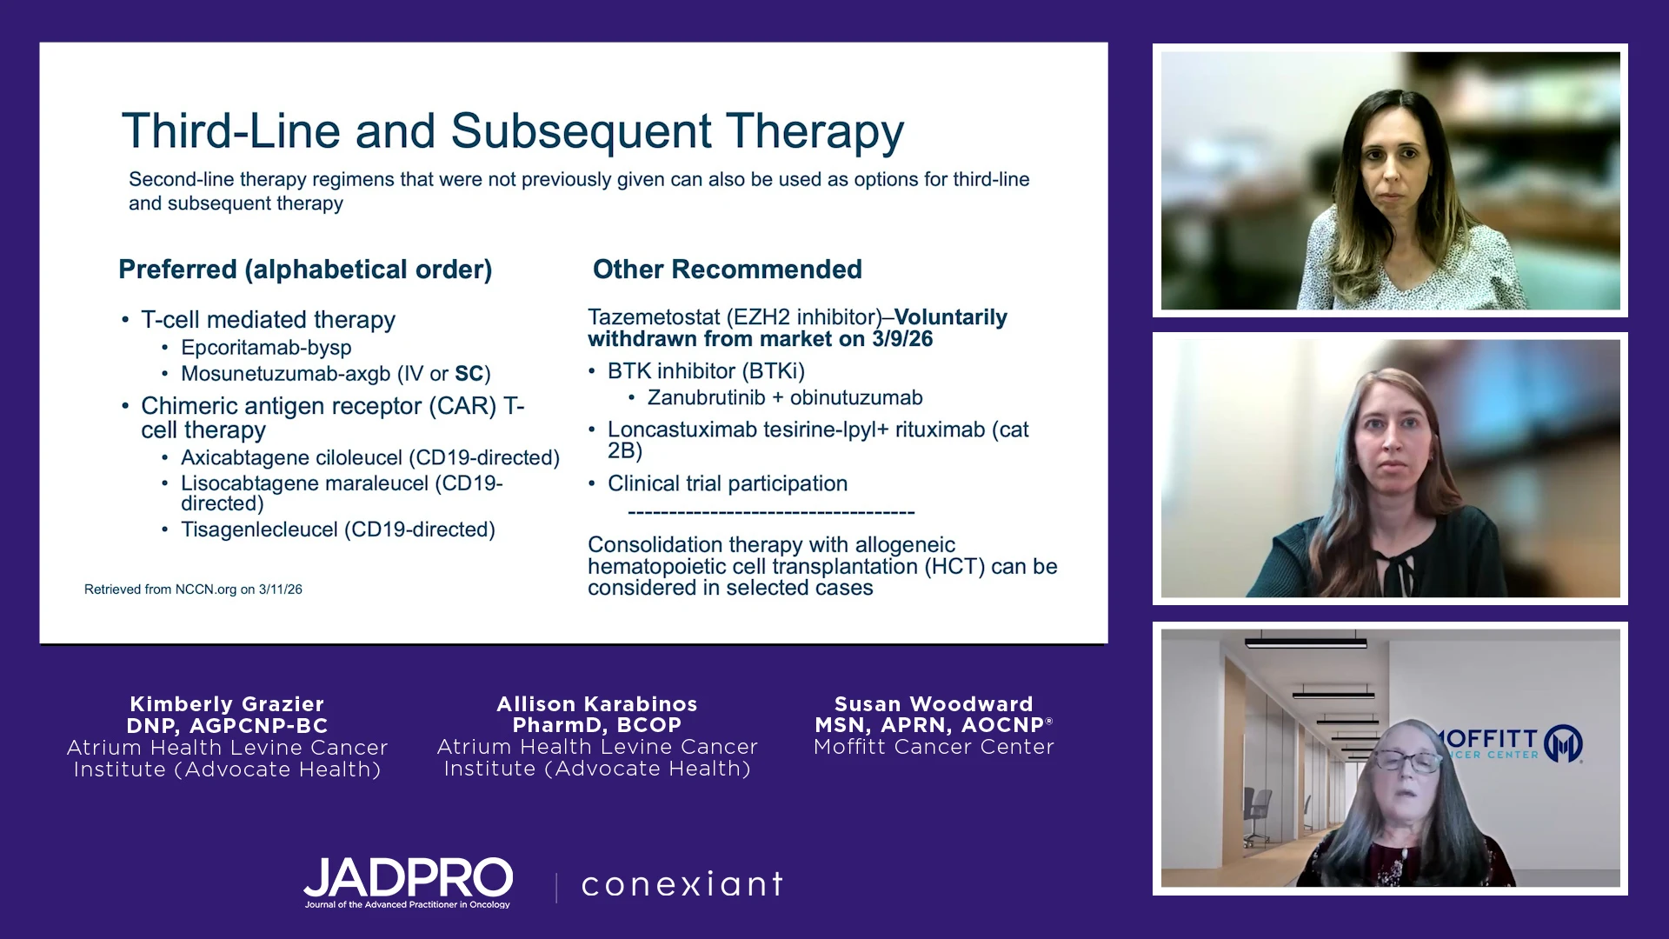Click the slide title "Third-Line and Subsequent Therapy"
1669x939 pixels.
(513, 132)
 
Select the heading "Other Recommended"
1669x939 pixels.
(728, 270)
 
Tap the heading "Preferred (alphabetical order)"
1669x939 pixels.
(305, 270)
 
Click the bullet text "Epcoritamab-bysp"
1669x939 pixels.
(266, 348)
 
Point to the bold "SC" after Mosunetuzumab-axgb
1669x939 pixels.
(469, 374)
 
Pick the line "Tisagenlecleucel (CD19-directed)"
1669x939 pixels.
(338, 529)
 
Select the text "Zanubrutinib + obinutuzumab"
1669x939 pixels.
(785, 398)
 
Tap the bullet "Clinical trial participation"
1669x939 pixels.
(728, 483)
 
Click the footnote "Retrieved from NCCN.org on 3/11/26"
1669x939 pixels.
(193, 589)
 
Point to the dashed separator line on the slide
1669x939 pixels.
(771, 512)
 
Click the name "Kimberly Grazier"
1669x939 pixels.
(227, 704)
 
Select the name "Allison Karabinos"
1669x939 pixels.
(597, 704)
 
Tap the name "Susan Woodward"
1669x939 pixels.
(934, 704)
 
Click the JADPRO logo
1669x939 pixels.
(408, 882)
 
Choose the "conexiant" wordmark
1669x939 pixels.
(682, 884)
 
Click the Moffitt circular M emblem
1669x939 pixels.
(1563, 744)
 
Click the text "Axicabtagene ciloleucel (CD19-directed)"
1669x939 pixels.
(370, 458)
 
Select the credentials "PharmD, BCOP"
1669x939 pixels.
(597, 725)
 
